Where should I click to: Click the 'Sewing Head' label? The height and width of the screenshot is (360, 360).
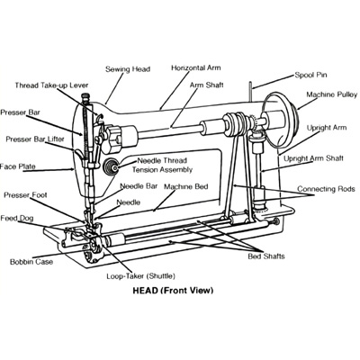coord(128,69)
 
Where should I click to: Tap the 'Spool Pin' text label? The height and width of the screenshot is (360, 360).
coord(310,75)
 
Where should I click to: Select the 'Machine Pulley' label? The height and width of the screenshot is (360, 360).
coord(332,94)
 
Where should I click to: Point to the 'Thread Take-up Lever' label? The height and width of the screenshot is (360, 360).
coord(51,85)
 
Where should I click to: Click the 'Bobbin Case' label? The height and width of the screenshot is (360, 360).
coord(31,262)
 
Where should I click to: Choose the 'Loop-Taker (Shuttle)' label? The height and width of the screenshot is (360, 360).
coord(141,276)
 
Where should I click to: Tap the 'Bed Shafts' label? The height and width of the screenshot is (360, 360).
coord(266,256)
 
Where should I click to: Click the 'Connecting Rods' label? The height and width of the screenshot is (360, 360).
coord(326,189)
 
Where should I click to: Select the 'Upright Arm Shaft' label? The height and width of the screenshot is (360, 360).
coord(313,158)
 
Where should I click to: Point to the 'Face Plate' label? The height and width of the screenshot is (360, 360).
coord(17,166)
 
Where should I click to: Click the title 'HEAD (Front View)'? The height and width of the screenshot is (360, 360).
coord(173,291)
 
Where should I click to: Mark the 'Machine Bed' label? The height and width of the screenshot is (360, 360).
coord(186,186)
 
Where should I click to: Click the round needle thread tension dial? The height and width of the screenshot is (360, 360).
coord(111,166)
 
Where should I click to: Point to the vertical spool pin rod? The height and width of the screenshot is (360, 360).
coord(250,91)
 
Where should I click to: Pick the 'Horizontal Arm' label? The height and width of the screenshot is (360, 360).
coord(196,68)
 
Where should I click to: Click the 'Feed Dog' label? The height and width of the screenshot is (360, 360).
coord(17,218)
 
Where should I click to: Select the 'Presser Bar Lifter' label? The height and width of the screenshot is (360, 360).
coord(35,139)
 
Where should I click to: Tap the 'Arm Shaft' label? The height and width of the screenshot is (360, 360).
coord(206,85)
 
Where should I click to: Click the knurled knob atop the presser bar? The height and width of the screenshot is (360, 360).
coord(85,96)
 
